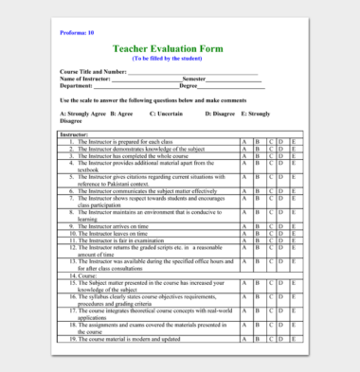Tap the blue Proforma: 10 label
point(76,33)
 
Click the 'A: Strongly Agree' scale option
point(82,114)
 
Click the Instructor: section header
point(76,135)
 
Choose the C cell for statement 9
point(269,227)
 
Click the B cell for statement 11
point(257,240)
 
